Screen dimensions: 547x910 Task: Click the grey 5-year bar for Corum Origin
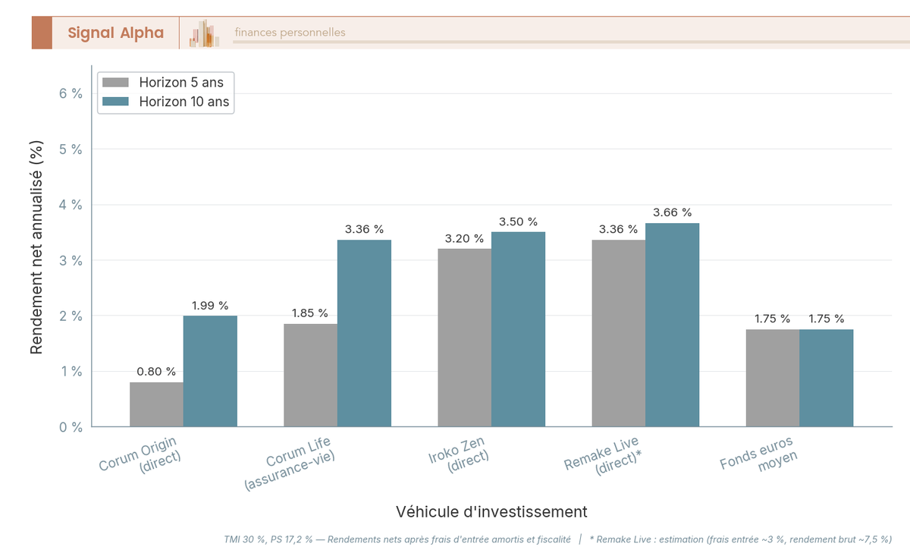click(x=156, y=404)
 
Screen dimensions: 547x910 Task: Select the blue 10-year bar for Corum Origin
click(x=210, y=371)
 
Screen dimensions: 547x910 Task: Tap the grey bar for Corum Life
click(x=310, y=376)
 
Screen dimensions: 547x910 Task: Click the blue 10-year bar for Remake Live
click(x=672, y=325)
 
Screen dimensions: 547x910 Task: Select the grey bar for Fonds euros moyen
click(x=772, y=378)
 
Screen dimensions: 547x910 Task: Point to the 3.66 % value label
click(x=672, y=212)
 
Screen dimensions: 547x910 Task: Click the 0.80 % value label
click(x=156, y=372)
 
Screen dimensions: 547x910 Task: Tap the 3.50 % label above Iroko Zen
click(x=518, y=222)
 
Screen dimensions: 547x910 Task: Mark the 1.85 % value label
click(x=310, y=313)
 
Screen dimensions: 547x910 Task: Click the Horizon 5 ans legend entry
click(x=165, y=83)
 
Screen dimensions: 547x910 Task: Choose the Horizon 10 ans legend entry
click(x=166, y=102)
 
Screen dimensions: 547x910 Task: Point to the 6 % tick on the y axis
click(x=71, y=93)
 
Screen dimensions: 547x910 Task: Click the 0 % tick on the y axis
click(x=71, y=427)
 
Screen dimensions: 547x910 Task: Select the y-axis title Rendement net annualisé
click(x=36, y=247)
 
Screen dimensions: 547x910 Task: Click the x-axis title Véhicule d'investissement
click(x=491, y=511)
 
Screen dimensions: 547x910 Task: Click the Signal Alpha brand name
click(x=115, y=33)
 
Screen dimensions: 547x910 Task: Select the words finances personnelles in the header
click(x=290, y=33)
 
